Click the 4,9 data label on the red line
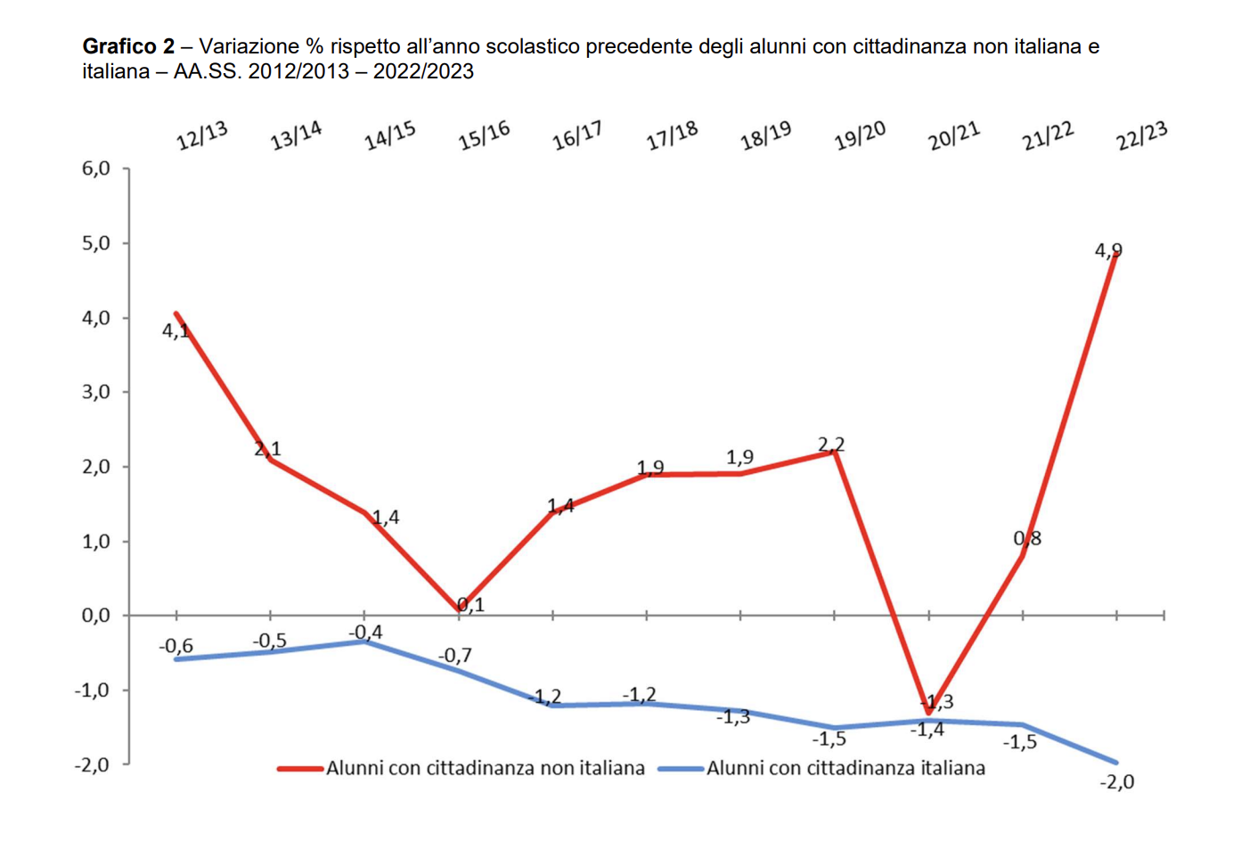point(1107,251)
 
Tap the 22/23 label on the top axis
point(1141,136)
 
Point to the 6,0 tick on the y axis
point(96,168)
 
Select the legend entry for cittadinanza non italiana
point(461,768)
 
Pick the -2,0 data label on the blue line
point(1116,782)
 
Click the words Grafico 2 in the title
point(128,46)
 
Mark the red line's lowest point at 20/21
point(928,713)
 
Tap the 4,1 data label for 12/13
point(176,331)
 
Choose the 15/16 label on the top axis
point(484,136)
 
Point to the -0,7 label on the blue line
point(454,656)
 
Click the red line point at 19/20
point(835,452)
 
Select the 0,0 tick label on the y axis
point(96,616)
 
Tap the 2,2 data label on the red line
point(830,444)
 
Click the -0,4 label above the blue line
point(365,633)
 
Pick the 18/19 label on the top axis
point(765,136)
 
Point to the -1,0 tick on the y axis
point(93,690)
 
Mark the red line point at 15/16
point(459,608)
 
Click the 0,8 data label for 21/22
point(1026,538)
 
